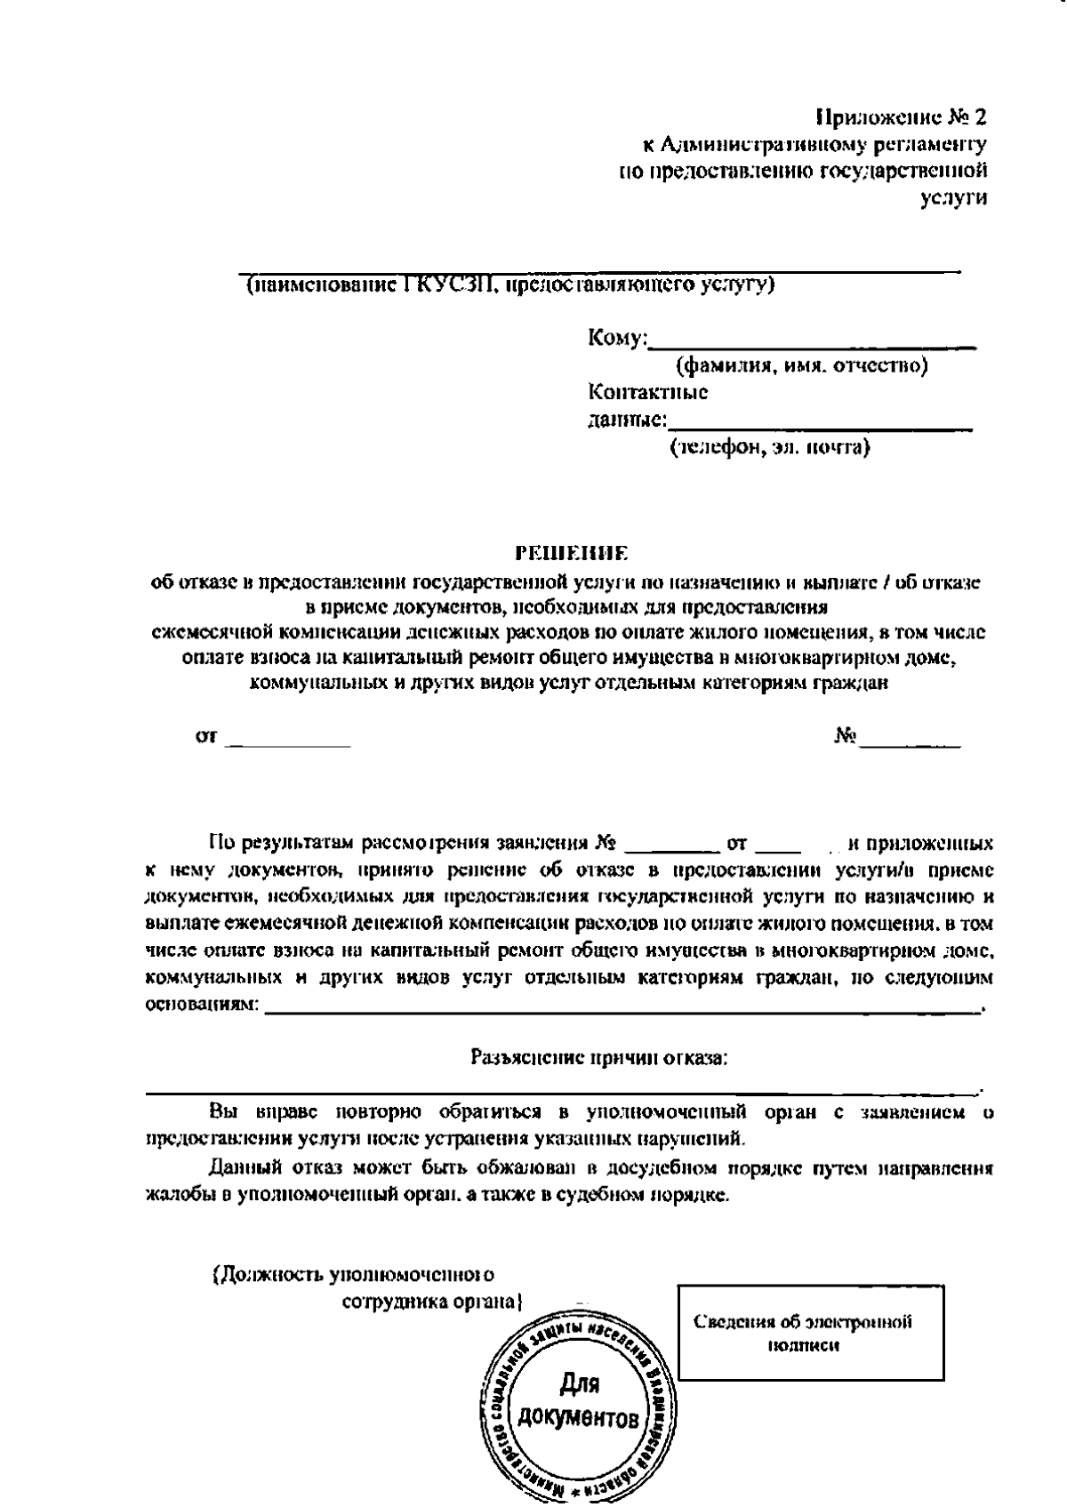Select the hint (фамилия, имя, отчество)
(802, 366)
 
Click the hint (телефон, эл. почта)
(770, 447)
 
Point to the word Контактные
(648, 392)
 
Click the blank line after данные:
(820, 425)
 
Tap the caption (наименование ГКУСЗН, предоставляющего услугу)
(510, 285)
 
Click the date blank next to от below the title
(289, 740)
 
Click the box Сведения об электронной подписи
(810, 1333)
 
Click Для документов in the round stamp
(580, 1399)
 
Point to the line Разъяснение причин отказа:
(598, 1058)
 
